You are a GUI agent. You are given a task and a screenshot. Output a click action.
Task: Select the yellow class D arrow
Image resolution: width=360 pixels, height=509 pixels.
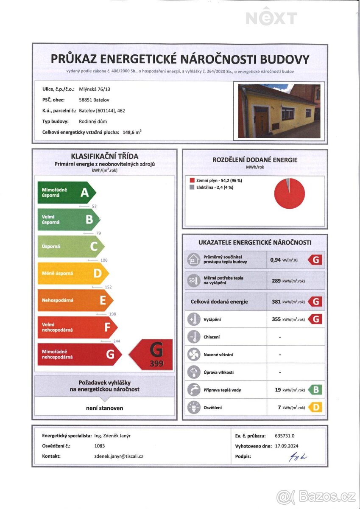(x=73, y=274)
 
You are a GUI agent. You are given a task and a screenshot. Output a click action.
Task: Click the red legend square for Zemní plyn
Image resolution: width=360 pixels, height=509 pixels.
(x=192, y=180)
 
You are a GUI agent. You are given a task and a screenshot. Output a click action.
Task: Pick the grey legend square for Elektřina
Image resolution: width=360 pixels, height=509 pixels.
(x=192, y=187)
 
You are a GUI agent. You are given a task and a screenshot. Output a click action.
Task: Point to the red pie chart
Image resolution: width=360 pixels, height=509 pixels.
(x=290, y=194)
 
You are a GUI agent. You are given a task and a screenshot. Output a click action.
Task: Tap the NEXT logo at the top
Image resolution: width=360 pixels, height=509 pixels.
(x=271, y=18)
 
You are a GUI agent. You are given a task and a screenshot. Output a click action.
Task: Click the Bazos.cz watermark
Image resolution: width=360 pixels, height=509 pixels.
(x=315, y=496)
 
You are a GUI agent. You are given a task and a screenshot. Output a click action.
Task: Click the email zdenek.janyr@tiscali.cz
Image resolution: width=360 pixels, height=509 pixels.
(x=118, y=456)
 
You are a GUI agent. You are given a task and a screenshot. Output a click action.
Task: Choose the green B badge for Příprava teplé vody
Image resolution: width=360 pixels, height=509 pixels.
(x=315, y=390)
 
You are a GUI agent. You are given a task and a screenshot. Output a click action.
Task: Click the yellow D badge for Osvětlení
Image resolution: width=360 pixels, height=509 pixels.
(x=315, y=408)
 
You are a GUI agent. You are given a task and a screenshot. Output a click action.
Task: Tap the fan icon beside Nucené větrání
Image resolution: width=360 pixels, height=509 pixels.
(x=194, y=355)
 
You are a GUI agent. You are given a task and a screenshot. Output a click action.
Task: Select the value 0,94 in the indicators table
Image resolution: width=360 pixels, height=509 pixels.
(x=276, y=260)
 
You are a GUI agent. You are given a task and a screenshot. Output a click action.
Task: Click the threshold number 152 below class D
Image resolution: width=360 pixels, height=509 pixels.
(x=108, y=288)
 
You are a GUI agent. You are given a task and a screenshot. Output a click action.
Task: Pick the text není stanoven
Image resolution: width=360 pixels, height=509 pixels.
(x=104, y=408)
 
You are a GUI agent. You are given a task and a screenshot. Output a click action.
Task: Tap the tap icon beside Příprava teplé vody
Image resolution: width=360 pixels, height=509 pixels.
(x=194, y=390)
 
